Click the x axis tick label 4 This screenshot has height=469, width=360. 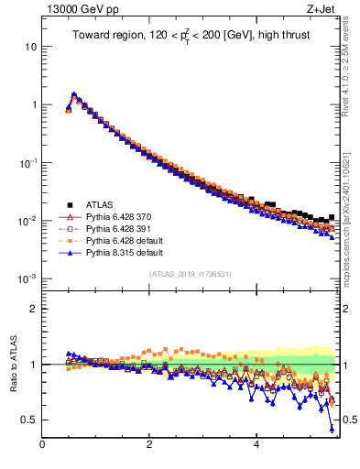pyautogui.click(x=256, y=445)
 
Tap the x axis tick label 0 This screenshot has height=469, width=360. pyautogui.click(x=42, y=445)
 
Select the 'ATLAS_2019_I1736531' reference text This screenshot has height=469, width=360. pyautogui.click(x=190, y=274)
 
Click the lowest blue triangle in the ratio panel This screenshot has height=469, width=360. pyautogui.click(x=332, y=428)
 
